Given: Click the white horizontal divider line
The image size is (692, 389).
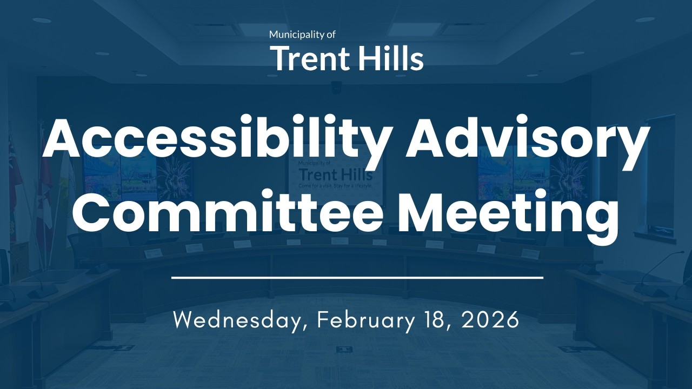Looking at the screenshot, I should [357, 278].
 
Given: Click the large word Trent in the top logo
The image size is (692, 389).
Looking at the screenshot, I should [307, 58].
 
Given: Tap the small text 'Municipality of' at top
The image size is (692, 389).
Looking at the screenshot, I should [302, 35].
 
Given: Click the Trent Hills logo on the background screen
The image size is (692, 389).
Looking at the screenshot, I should [335, 175].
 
